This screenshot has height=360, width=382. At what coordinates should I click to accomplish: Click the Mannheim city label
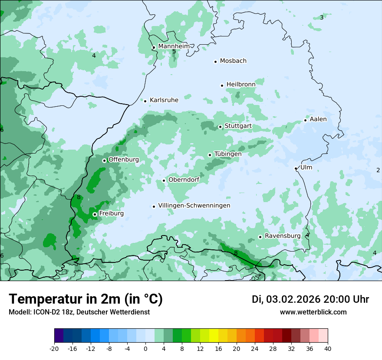[174, 46]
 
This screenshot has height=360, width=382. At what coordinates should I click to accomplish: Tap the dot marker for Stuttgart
[221, 127]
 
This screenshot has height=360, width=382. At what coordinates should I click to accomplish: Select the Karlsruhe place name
[164, 100]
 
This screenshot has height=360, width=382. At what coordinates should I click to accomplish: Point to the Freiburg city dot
[95, 214]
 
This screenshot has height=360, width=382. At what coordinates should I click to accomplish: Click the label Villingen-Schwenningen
[194, 206]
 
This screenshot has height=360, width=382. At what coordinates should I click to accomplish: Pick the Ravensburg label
[282, 236]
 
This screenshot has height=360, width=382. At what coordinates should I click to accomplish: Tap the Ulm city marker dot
[296, 168]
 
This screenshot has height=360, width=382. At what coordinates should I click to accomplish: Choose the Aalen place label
[318, 119]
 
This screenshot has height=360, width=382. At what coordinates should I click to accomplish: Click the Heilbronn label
[241, 85]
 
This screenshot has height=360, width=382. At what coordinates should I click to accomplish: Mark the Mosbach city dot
[215, 62]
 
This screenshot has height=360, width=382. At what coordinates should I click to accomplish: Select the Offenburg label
[124, 160]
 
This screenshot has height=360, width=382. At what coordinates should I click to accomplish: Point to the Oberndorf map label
[184, 180]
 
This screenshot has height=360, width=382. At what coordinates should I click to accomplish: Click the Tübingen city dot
[210, 155]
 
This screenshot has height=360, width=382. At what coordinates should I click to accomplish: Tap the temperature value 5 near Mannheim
[174, 52]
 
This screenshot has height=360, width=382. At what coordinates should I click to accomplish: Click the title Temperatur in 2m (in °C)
[86, 299]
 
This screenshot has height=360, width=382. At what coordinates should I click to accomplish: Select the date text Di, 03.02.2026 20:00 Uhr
[310, 299]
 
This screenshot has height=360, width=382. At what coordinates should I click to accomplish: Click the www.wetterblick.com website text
[313, 312]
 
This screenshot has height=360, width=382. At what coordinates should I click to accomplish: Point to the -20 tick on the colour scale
[54, 348]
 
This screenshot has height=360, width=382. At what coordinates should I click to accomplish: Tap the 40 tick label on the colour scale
[328, 348]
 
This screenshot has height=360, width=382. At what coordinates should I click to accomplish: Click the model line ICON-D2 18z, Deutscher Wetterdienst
[79, 312]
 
